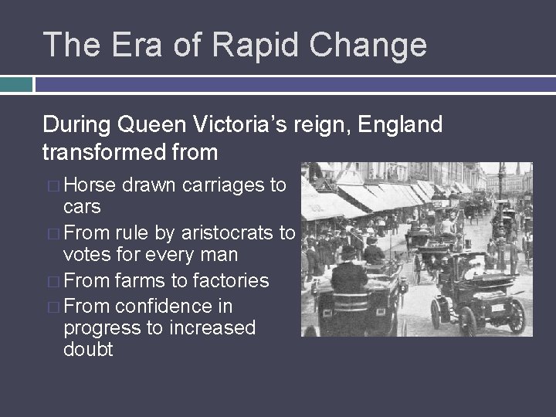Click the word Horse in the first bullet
point(90,186)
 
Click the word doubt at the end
point(88,350)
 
